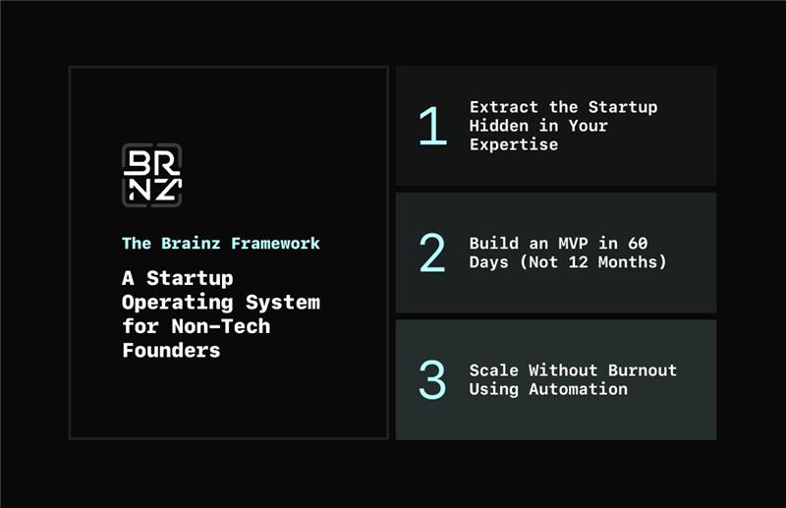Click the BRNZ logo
pos(152,175)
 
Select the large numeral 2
pos(432,253)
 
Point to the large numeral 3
pos(432,379)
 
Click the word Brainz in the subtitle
pos(191,244)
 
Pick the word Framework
pos(275,244)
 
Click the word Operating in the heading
pos(178,303)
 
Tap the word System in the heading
pos(283,303)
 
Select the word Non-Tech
pos(221,326)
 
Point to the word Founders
pos(171,351)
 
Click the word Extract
pos(504,107)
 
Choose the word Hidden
pos(499,126)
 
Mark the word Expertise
pos(514,144)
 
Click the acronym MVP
pos(573,244)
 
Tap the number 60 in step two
pos(638,244)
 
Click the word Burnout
pos(643,370)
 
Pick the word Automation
pos(578,389)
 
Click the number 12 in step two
pos(578,261)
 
